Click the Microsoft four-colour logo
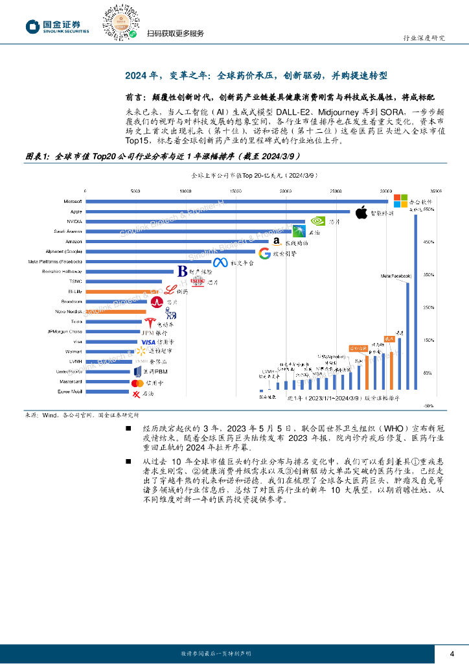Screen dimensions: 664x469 click(401, 201)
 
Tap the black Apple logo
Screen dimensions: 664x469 click(361, 211)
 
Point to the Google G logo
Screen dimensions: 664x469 click(264, 253)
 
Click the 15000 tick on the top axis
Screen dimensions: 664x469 click(235, 191)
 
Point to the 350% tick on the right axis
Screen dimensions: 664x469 click(428, 275)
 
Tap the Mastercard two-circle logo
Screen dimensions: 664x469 click(137, 383)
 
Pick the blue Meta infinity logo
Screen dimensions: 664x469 click(220, 263)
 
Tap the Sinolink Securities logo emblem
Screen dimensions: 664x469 click(32, 26)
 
